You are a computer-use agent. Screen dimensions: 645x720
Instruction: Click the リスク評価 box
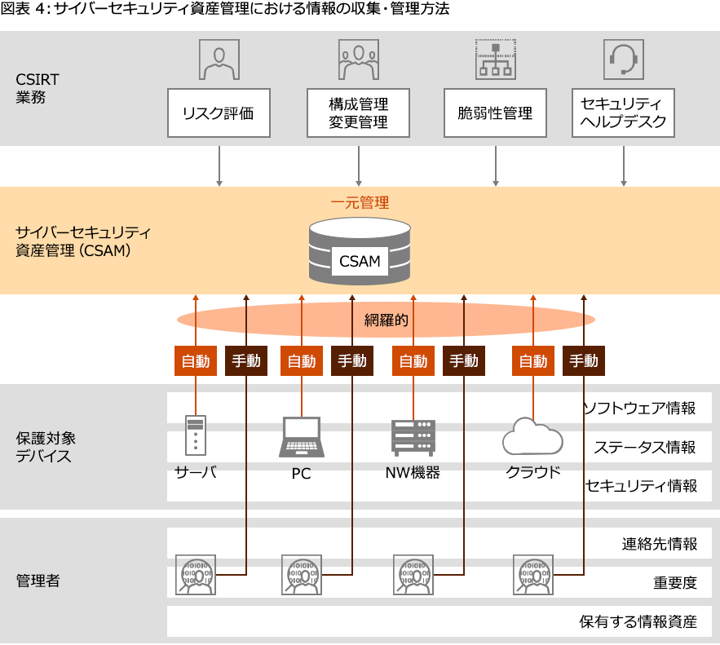point(218,113)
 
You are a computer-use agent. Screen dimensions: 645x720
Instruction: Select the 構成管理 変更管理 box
point(358,113)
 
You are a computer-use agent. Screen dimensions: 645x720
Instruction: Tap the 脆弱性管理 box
point(495,113)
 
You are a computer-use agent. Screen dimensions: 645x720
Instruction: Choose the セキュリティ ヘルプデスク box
point(623,113)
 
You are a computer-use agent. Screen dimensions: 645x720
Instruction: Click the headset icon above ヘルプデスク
point(624,59)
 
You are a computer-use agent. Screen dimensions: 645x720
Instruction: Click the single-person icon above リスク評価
point(219,59)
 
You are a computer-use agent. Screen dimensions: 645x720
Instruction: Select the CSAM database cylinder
point(360,250)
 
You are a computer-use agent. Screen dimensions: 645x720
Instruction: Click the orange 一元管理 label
point(360,201)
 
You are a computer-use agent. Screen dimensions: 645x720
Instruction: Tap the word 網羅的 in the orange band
point(386,320)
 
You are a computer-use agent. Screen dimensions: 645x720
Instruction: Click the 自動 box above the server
point(196,360)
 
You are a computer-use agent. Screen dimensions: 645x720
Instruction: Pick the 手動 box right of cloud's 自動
point(584,360)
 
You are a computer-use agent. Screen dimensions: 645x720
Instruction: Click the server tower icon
point(196,435)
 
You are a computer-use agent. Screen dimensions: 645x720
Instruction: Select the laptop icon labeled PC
point(301,437)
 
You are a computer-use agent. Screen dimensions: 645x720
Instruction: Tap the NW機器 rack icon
point(413,437)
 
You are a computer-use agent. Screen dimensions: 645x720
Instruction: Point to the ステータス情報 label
point(644,447)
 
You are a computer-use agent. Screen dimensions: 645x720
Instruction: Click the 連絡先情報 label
point(659,544)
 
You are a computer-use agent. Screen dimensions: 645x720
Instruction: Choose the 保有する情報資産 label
point(638,621)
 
